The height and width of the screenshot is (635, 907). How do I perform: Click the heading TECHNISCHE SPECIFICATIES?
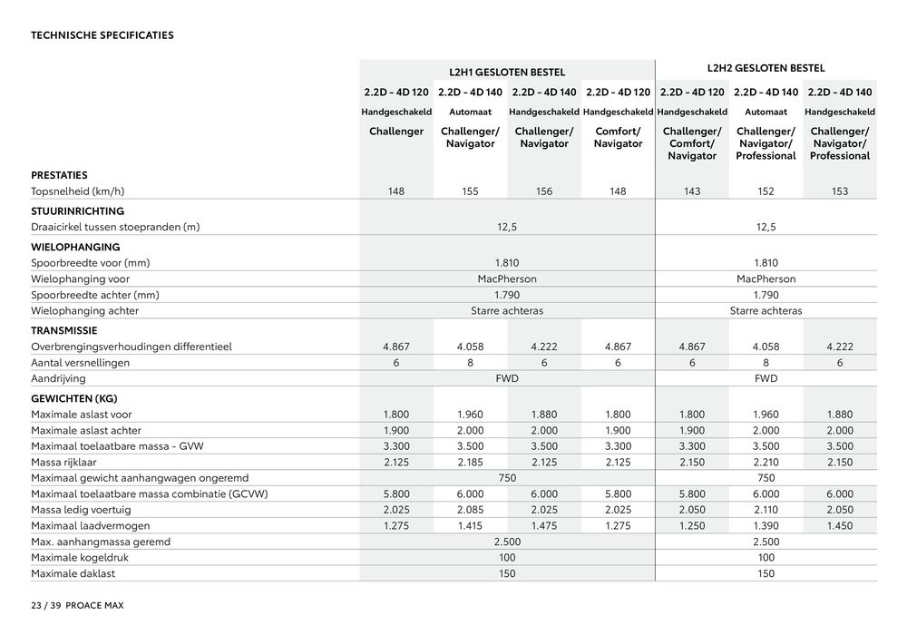coord(102,36)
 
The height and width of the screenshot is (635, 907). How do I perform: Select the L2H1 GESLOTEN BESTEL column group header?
coord(507,72)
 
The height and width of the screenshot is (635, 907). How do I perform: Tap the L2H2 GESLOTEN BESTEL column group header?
coord(766,68)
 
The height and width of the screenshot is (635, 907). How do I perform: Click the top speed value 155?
coord(470,192)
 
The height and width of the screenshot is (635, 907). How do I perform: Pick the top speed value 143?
coord(692,192)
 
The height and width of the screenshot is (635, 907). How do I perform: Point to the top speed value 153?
coord(839,192)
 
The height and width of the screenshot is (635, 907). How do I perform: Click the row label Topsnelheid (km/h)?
coord(76,192)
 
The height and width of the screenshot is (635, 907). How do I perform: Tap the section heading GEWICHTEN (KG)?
coord(74,397)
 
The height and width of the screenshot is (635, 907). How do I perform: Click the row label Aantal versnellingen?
coord(81,363)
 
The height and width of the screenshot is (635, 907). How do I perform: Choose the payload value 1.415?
coord(470,526)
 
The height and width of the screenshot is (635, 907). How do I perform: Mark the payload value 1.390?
coord(766,526)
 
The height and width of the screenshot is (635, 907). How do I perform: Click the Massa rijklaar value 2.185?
coord(470,463)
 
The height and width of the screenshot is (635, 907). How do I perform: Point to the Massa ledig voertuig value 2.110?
coord(766,510)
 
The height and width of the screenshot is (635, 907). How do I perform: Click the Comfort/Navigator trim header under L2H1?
coord(618,138)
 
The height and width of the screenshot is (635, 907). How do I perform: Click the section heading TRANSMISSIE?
coord(64,330)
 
